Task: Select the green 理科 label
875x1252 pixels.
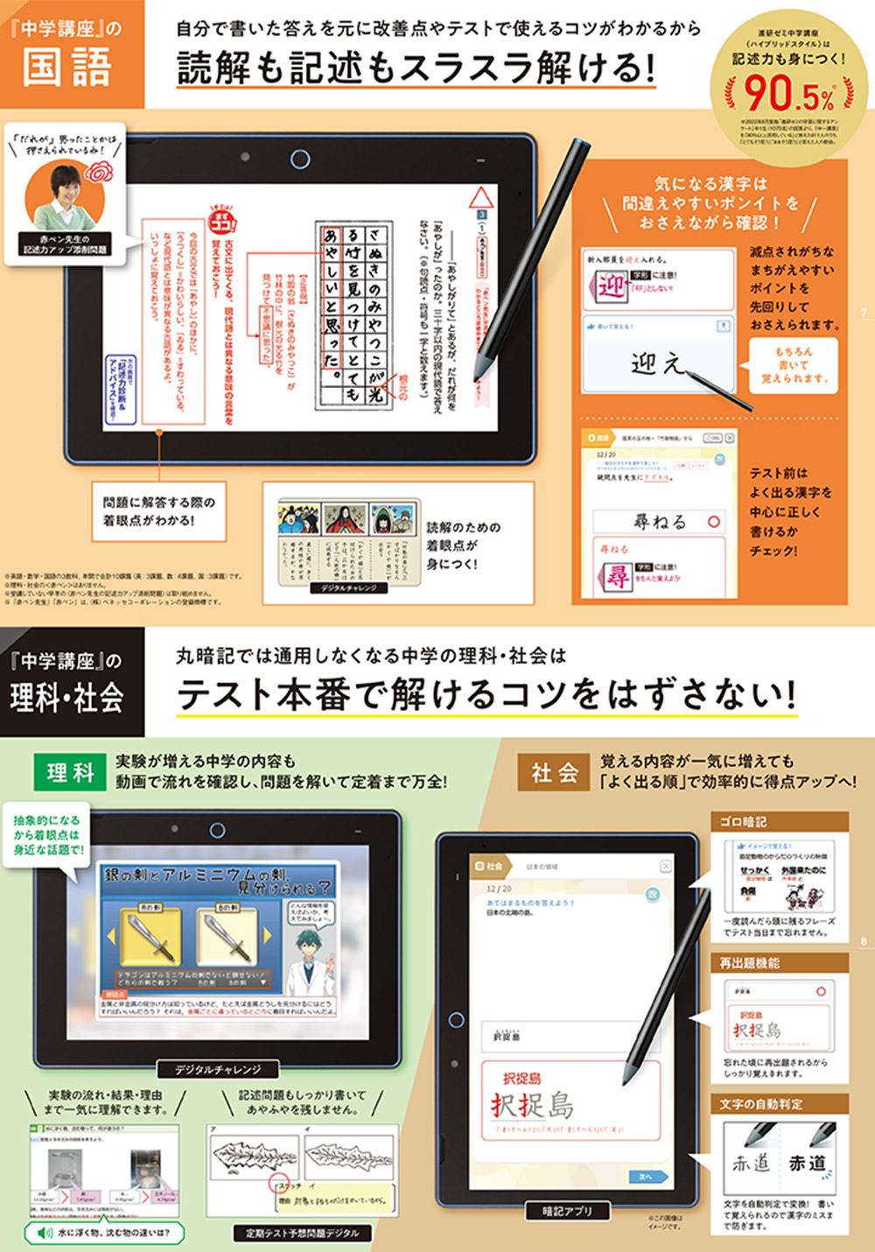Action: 70,772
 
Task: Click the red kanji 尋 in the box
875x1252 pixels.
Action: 618,577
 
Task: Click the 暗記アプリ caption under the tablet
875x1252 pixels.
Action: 567,1211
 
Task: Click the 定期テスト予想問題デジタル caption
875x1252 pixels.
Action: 302,1233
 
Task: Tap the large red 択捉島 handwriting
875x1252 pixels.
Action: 533,1105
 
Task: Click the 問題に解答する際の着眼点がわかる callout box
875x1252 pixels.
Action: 158,511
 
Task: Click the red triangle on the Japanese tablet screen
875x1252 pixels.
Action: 480,197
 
